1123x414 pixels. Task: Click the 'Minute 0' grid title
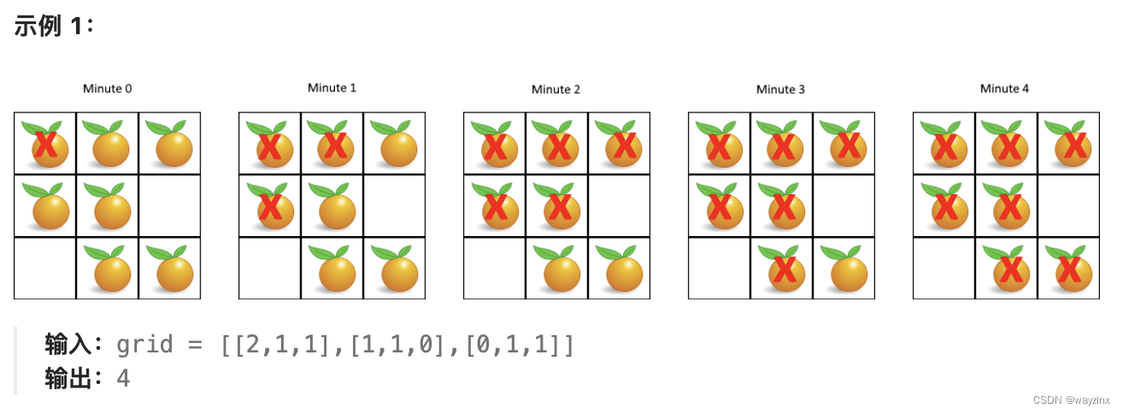107,88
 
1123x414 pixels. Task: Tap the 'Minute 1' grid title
332,87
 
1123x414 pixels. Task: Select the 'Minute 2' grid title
556,89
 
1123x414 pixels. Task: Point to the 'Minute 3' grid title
780,89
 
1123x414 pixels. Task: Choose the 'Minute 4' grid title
1005,88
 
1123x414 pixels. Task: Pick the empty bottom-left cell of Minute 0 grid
44,269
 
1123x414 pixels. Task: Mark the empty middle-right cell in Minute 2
619,206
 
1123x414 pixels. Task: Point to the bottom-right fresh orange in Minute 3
845,270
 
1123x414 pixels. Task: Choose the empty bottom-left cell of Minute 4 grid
944,269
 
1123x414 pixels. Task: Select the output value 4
123,378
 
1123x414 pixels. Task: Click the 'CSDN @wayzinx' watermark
1071,400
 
